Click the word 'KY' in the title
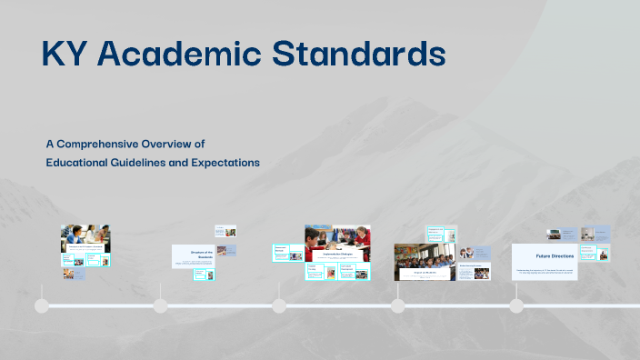tap(64, 55)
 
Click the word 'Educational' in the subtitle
tap(79, 163)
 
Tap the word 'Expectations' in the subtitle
tap(226, 163)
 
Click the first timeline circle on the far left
tap(42, 305)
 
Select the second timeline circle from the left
tap(161, 305)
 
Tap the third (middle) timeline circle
tap(279, 305)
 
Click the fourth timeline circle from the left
tap(397, 305)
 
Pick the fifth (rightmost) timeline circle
tap(516, 305)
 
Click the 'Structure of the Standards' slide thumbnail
tap(194, 255)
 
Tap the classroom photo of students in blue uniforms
tap(425, 261)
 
